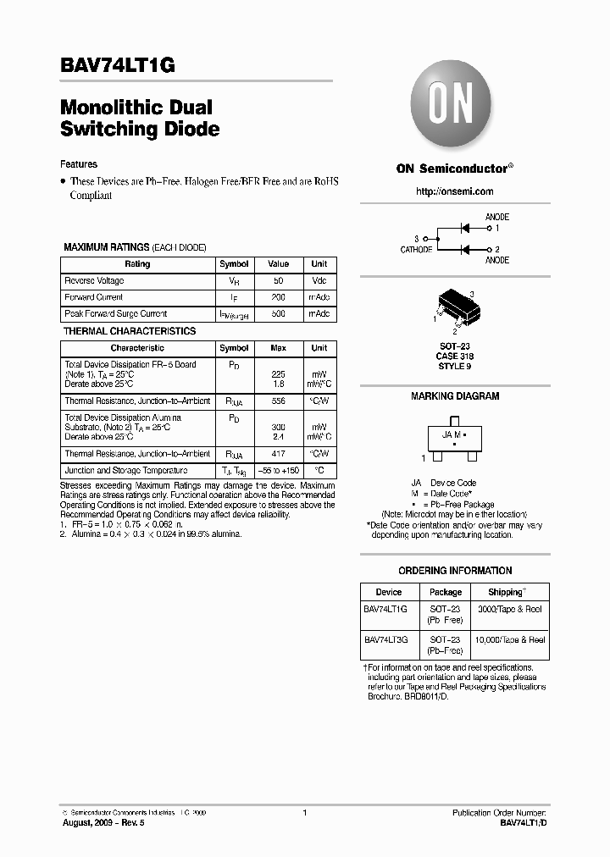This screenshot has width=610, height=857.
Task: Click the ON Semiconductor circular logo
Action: (453, 108)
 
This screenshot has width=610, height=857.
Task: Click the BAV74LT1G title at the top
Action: (118, 66)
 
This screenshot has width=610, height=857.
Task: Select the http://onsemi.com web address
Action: (454, 192)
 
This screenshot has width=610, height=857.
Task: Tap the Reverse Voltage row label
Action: (94, 281)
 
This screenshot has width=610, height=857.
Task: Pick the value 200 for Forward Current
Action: (279, 297)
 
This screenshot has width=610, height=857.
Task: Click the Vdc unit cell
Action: (319, 281)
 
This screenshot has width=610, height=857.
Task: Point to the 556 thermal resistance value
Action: (279, 401)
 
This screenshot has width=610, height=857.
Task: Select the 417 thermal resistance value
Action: (279, 454)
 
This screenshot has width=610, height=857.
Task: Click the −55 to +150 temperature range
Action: (279, 471)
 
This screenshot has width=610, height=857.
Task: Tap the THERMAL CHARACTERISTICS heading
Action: (130, 331)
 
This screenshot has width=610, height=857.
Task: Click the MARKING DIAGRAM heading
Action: (455, 396)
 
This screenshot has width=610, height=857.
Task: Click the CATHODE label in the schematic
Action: (416, 250)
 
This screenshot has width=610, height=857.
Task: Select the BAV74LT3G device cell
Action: (386, 640)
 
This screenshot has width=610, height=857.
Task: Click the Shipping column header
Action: (507, 592)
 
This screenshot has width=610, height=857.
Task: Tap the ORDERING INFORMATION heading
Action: (455, 571)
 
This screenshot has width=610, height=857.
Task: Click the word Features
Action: (79, 164)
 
